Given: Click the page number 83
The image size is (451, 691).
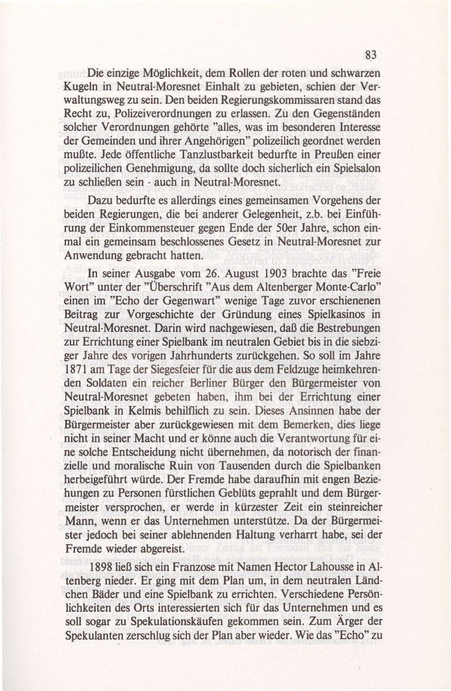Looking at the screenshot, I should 370,54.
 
